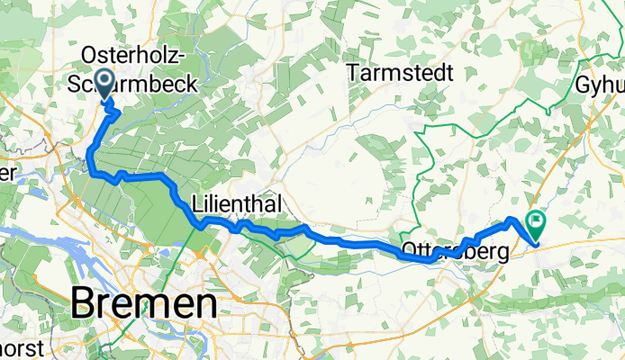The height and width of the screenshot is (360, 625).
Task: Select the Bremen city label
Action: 143,303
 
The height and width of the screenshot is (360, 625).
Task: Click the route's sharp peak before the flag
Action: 512,220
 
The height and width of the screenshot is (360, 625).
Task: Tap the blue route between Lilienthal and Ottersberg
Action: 356,241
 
